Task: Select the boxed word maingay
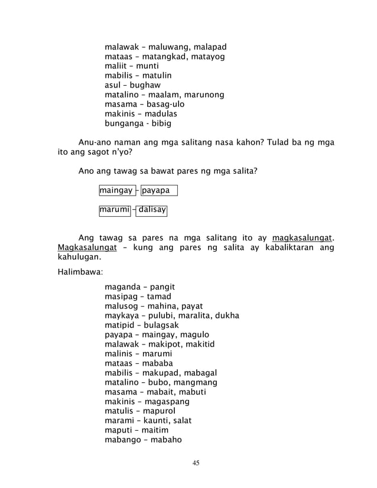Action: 116,190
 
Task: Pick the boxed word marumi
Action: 115,209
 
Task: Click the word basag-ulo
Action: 166,104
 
